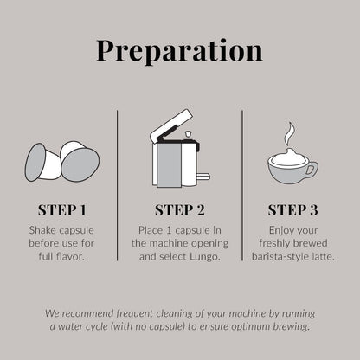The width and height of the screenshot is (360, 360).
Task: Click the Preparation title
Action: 179,51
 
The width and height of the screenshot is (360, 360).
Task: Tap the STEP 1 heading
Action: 62,210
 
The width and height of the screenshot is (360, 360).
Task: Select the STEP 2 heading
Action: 180,210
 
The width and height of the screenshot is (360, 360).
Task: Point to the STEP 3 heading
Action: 292,210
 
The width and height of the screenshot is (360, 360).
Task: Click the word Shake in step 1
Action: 42,230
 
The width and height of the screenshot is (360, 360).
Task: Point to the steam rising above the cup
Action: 289,134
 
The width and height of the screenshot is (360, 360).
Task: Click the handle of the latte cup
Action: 311,170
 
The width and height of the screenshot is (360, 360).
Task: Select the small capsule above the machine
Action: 188,134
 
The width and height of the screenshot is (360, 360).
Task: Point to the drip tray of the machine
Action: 203,176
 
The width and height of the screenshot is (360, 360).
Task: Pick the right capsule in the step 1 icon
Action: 80,161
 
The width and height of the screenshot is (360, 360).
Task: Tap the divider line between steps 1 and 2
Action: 118,185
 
